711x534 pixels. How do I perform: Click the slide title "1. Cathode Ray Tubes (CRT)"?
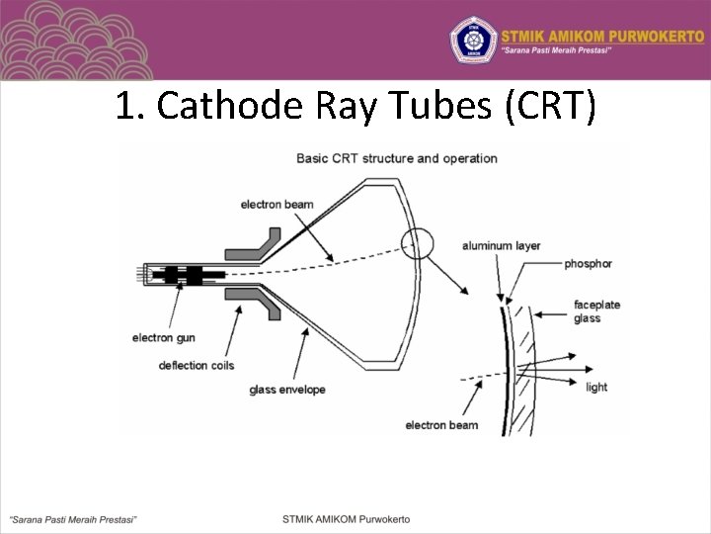coord(355,106)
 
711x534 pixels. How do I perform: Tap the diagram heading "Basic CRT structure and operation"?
coord(397,158)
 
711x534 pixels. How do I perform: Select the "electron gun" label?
coord(164,338)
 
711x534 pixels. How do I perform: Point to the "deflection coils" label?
coord(197,366)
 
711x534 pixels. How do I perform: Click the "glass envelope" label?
coord(287,390)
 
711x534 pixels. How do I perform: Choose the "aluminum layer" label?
coord(501,245)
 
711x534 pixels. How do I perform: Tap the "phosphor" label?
coord(589,264)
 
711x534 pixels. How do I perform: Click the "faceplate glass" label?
coord(596,311)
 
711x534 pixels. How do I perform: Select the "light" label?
coord(596,387)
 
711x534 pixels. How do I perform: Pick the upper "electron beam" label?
coord(276,205)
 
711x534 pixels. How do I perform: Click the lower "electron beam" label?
coord(441,425)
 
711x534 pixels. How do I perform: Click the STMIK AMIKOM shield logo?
coord(471,40)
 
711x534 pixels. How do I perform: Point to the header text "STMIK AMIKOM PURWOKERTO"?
coord(601,32)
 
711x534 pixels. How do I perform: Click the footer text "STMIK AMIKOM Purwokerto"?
coord(346,518)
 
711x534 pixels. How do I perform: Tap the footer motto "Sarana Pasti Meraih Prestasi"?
coord(73,518)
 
